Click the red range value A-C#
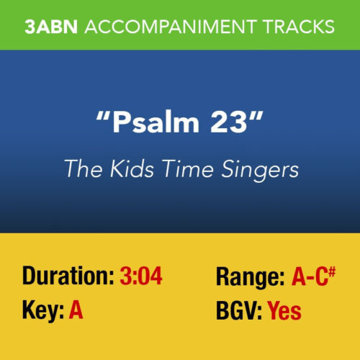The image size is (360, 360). (x=312, y=275)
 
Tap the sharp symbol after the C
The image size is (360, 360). (x=333, y=269)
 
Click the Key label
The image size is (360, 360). (x=42, y=312)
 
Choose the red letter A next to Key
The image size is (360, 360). (x=76, y=312)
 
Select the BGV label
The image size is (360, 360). (x=238, y=312)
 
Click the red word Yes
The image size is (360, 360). (x=284, y=312)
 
